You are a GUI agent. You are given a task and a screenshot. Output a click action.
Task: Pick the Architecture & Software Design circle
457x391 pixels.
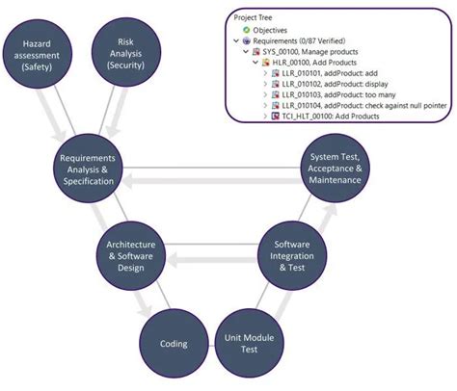[x=131, y=255]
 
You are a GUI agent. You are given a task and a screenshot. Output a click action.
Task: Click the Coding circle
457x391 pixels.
[x=175, y=344]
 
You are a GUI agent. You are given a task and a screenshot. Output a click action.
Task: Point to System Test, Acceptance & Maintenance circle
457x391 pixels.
[x=334, y=170]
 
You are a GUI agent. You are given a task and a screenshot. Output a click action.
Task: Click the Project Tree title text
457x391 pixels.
[x=255, y=17]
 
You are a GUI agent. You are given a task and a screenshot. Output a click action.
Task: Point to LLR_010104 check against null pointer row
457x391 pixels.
[x=362, y=105]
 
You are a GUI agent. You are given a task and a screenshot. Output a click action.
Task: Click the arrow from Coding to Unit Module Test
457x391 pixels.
[x=210, y=344]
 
